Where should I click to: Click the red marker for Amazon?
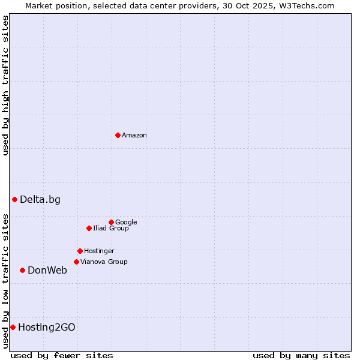pos(118,135)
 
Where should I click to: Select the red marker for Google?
pos(111,222)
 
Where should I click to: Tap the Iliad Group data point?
pos(89,228)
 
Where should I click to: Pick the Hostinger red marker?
pos(80,251)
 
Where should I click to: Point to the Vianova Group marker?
pos(76,262)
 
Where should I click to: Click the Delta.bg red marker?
pos(14,199)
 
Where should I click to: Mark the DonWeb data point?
pos(22,270)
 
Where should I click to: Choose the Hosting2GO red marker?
pos(13,327)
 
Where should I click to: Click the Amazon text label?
pos(134,136)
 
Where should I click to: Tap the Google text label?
pos(126,223)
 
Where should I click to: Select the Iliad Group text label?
pos(111,229)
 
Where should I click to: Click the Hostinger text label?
pos(99,251)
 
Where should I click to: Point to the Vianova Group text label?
pos(104,262)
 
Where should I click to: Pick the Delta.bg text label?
pos(40,200)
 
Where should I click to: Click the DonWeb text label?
pos(47,271)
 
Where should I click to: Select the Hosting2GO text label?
pos(47,328)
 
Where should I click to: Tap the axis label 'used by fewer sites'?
pos(62,355)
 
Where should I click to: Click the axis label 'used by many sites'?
pos(301,355)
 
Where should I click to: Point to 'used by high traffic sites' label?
pos(5,85)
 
